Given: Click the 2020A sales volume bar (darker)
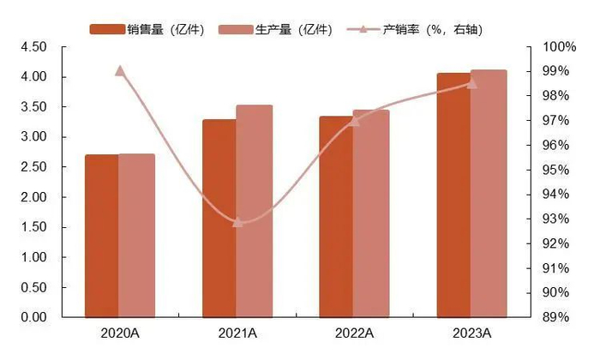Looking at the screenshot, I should (x=101, y=236).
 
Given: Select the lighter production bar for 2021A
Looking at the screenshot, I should (x=255, y=211).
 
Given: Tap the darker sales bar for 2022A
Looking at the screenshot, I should (x=336, y=216).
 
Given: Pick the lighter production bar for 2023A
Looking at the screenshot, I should (x=489, y=193).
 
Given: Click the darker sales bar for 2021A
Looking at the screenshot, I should (x=219, y=218).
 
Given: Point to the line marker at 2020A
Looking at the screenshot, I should (x=120, y=71).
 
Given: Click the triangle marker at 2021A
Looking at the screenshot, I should (x=237, y=222).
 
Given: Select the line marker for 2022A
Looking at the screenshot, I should (x=354, y=120).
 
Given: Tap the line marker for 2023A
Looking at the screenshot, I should (x=471, y=83).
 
